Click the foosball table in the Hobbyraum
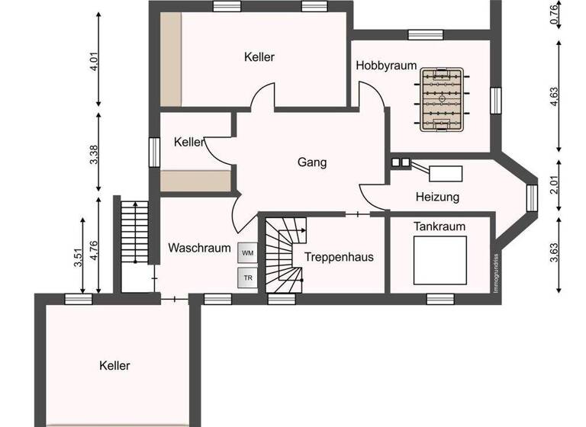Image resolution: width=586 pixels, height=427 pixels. coord(441,99)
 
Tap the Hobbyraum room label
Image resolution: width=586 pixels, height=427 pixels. coord(386,66)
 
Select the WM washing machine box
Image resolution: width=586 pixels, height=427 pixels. coord(247,252)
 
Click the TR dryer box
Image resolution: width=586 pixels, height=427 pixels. coord(247,278)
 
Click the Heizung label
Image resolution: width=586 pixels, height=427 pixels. coord(437,197)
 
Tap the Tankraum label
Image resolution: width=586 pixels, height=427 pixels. coord(439,226)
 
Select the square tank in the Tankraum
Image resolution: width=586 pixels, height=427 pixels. coord(439,260)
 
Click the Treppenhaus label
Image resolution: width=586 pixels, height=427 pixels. coord(339,257)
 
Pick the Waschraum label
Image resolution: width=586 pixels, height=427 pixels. coord(200,248)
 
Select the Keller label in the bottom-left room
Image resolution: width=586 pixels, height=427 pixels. coord(114,366)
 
